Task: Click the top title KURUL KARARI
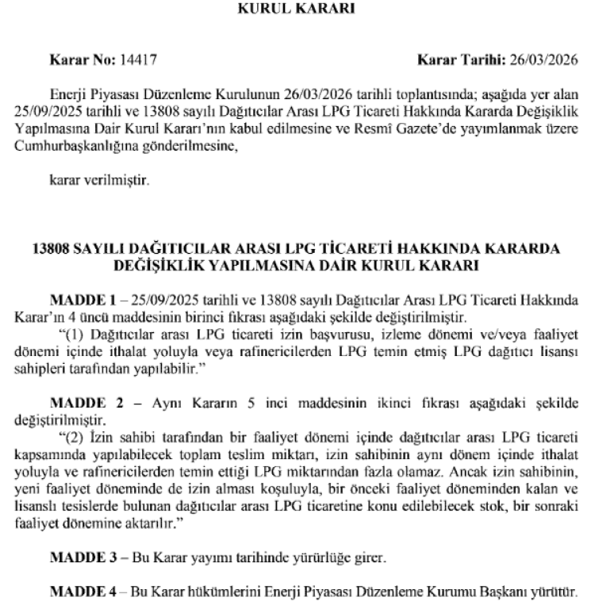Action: click(296, 10)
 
